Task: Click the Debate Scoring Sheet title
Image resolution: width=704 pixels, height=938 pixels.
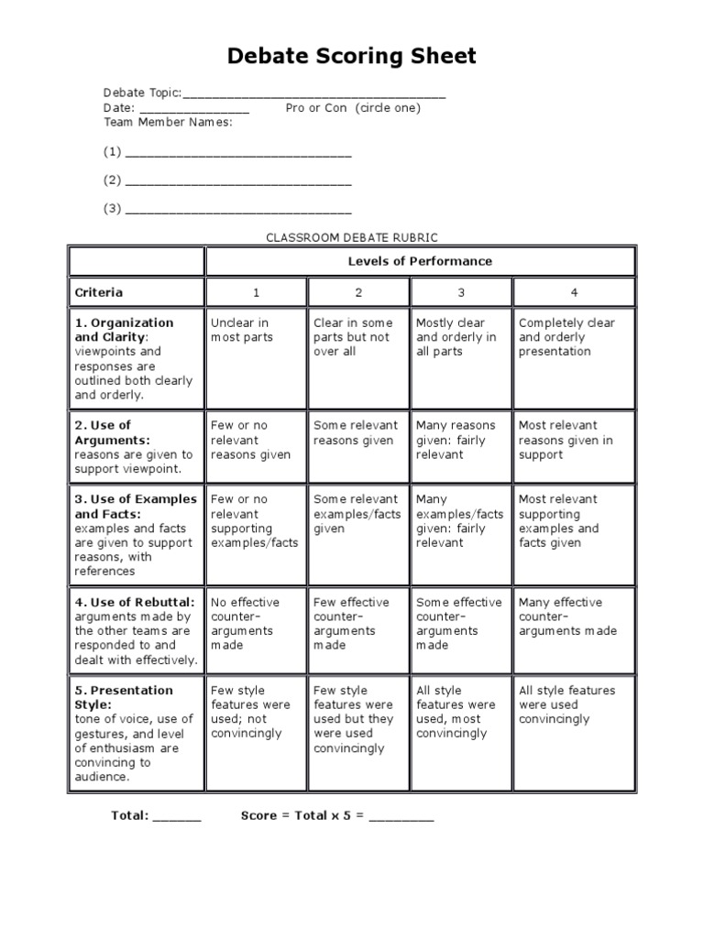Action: [x=352, y=57]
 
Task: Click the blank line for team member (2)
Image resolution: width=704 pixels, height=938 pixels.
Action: [x=238, y=182]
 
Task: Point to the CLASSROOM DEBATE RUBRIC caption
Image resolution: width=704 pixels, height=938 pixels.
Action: [x=352, y=237]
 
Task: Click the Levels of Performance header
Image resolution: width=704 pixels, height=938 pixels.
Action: [x=420, y=261]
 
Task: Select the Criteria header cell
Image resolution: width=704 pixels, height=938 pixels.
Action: [x=137, y=293]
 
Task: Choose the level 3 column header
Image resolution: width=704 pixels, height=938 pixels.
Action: [x=461, y=293]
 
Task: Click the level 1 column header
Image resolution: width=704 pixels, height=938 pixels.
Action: [x=257, y=293]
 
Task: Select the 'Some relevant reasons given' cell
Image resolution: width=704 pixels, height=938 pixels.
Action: [x=358, y=433]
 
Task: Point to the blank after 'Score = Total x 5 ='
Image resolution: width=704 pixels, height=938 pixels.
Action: [x=401, y=816]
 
